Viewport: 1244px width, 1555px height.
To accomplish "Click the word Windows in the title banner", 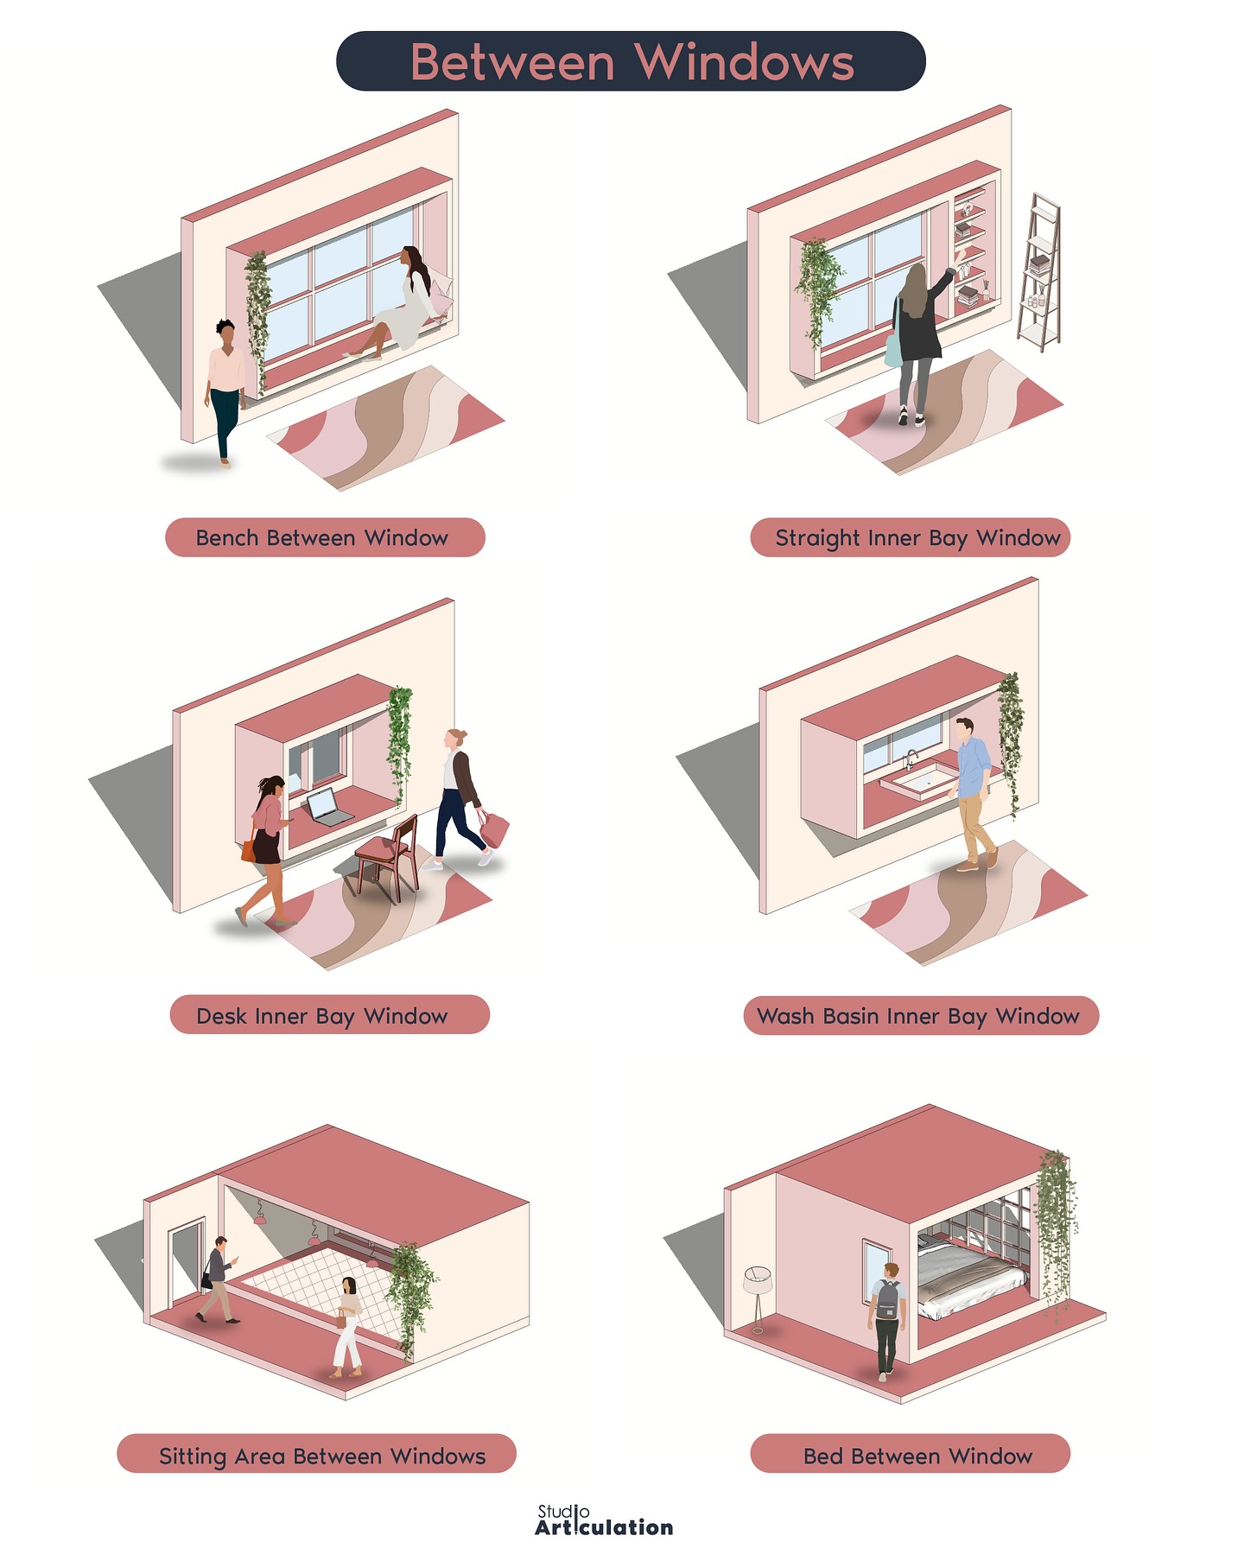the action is (748, 62).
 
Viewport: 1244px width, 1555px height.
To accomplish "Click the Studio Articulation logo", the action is (604, 1520).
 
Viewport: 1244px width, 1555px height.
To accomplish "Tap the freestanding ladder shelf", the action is (1038, 272).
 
